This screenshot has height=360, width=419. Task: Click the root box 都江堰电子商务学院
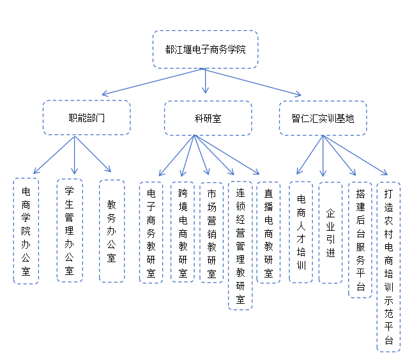click(x=205, y=49)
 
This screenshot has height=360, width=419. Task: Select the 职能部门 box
click(x=87, y=118)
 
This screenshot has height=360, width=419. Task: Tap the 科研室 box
click(x=208, y=118)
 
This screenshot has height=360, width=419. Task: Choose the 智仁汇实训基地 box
click(x=323, y=118)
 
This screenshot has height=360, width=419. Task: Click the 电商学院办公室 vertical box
click(x=26, y=230)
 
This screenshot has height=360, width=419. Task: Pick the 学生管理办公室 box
click(x=70, y=230)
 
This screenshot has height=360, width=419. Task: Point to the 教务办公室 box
click(x=112, y=230)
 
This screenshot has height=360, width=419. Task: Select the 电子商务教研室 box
click(x=151, y=233)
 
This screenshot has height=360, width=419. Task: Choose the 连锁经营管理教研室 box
click(x=240, y=246)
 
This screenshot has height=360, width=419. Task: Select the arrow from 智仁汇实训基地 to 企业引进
click(x=323, y=157)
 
